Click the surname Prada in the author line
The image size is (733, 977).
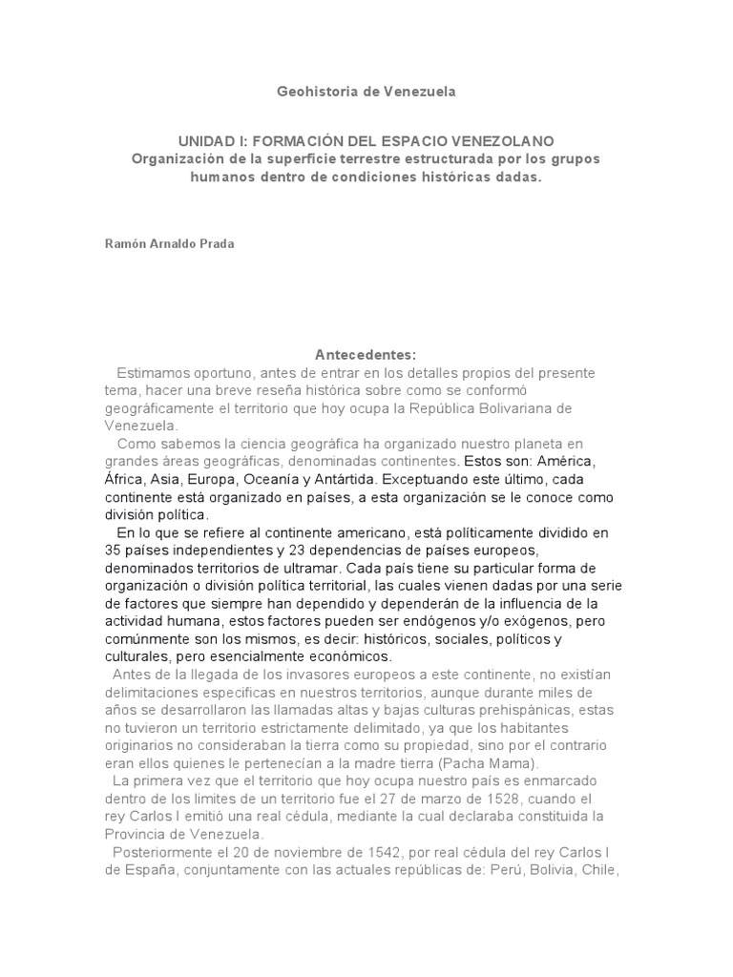[216, 243]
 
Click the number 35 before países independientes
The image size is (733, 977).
[113, 551]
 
